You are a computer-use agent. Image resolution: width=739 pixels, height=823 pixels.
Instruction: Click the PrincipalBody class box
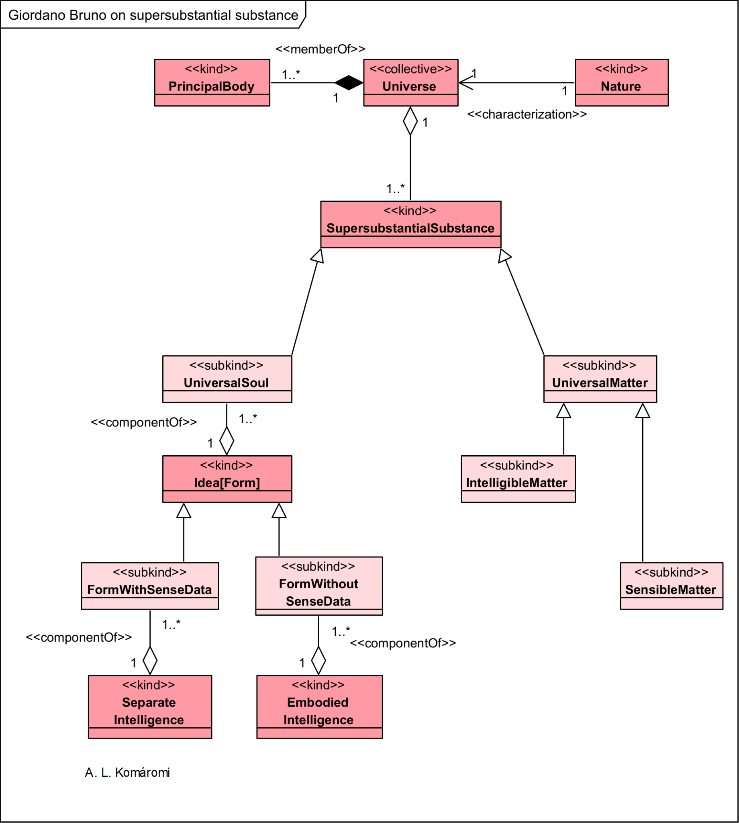[x=212, y=82]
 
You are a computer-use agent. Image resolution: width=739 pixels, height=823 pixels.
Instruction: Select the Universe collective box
[x=410, y=82]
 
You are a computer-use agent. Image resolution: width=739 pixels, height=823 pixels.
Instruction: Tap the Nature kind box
[x=621, y=82]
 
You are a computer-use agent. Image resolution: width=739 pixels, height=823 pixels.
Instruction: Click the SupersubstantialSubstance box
[x=410, y=224]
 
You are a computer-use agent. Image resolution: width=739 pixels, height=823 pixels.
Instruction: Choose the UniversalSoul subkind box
[x=227, y=379]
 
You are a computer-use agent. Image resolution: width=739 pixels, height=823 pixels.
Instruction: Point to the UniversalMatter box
[x=600, y=379]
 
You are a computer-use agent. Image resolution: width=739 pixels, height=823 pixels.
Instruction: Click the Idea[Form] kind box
[x=227, y=479]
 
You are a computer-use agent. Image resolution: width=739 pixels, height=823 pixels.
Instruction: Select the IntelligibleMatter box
[x=518, y=479]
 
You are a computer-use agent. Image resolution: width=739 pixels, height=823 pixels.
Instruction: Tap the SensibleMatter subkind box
[x=671, y=586]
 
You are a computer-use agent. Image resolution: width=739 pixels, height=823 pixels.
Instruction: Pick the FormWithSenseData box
[x=150, y=586]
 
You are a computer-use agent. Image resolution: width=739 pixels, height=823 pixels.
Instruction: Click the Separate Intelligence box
[x=150, y=706]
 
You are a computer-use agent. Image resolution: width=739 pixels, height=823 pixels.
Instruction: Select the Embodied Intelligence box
[x=319, y=706]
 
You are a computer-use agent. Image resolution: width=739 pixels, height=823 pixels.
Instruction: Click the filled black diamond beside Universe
[x=349, y=82]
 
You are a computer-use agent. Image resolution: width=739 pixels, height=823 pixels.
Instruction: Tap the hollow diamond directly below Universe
[x=410, y=121]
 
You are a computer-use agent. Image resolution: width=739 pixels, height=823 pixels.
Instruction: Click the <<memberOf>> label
[x=321, y=49]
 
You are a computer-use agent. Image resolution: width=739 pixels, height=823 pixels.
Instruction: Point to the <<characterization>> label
[x=527, y=115]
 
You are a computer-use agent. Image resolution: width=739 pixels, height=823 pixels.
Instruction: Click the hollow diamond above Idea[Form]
[x=227, y=441]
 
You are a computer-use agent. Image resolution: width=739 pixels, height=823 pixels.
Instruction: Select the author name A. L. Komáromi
[x=127, y=772]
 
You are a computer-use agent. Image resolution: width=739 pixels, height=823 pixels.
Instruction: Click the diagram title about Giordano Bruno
[x=153, y=15]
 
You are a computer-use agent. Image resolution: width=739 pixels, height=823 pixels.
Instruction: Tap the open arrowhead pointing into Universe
[x=465, y=82]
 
